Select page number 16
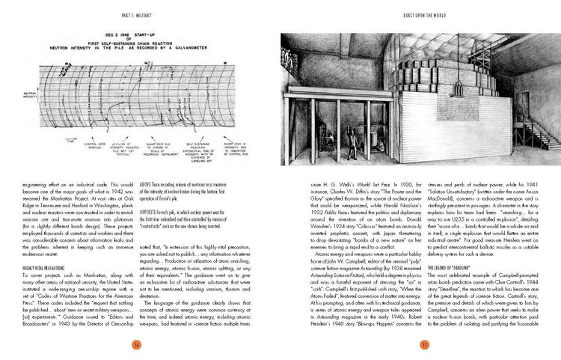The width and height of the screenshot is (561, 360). (x=138, y=344)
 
